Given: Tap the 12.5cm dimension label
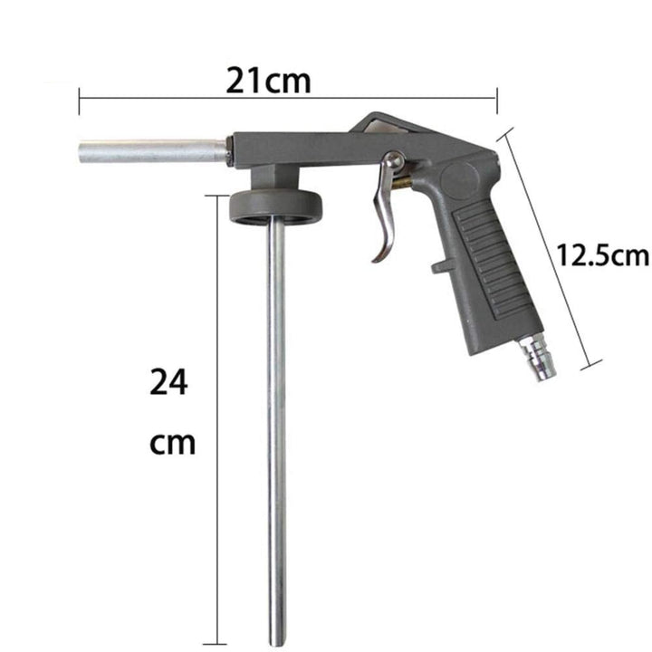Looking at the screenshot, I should click(603, 255).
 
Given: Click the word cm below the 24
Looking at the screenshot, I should click(172, 444).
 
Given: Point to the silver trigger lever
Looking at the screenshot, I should click(384, 217).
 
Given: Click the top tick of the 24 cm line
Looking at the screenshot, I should click(217, 194).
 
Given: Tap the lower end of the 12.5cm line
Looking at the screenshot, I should click(592, 365).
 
